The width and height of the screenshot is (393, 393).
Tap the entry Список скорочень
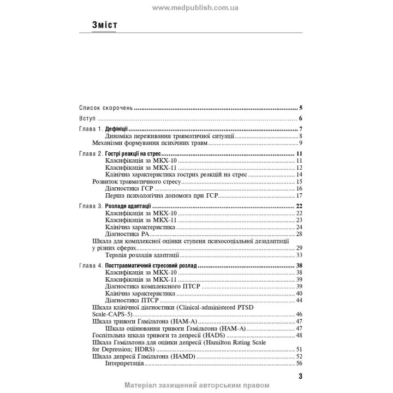pos(105,108)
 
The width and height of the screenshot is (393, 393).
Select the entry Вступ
pos(87,119)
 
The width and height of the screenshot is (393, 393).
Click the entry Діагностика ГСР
pos(132,188)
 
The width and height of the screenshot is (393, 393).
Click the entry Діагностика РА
pos(130,234)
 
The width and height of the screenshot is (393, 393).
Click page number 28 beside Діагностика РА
pos(299,234)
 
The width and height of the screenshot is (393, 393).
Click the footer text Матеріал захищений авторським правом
pos(196,385)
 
